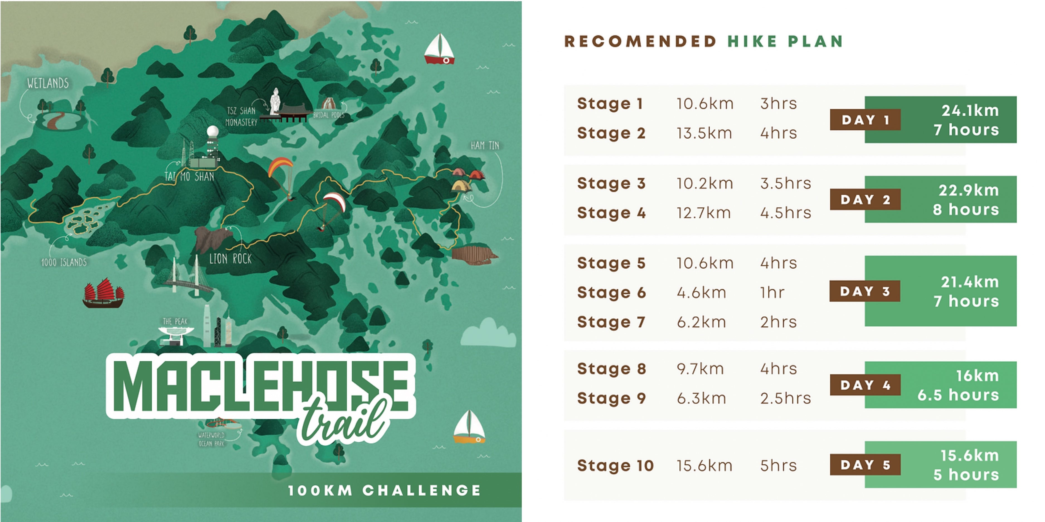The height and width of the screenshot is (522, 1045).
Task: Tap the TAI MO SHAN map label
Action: coord(189,176)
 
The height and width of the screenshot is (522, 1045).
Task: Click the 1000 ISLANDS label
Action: coord(64,262)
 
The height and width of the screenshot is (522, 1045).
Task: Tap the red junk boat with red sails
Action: coord(103,293)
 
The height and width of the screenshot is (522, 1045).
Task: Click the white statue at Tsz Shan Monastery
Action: coord(275,101)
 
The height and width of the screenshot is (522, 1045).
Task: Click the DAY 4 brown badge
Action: coord(865,385)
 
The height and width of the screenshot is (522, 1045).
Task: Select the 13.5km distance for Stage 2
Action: coord(704,133)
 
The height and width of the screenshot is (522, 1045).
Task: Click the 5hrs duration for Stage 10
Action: coord(778,465)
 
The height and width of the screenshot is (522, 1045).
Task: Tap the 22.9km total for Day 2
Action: coord(968,190)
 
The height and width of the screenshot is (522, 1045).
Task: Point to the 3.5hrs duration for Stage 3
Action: coord(785,183)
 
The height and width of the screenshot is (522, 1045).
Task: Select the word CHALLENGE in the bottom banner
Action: coord(422,490)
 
